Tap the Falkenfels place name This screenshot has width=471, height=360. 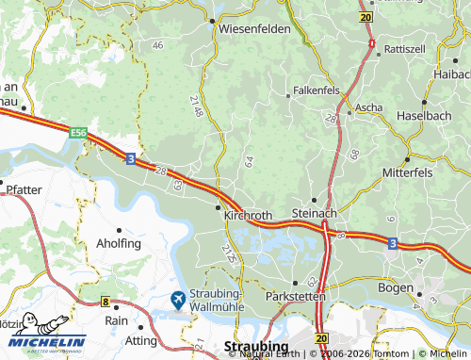(x=316, y=89)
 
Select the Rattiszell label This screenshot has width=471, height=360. (x=405, y=47)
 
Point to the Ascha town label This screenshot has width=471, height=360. (x=368, y=107)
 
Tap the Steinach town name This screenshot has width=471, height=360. (x=315, y=214)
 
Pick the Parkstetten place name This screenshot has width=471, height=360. (x=295, y=296)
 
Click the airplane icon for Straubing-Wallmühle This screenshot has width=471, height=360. (x=177, y=300)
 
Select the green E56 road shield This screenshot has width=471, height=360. (x=78, y=134)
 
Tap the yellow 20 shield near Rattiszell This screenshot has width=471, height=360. (x=365, y=17)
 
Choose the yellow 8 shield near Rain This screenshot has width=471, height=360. (x=105, y=303)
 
